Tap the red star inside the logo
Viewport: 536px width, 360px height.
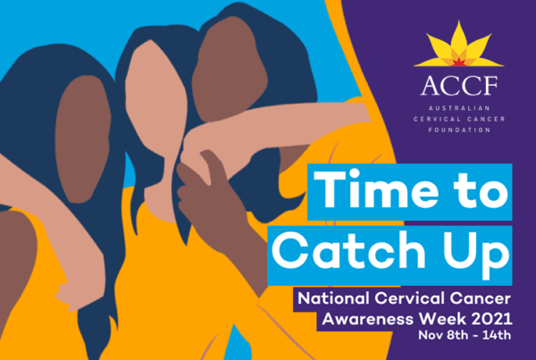[x=457, y=62]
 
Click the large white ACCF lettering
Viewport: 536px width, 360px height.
[x=459, y=86]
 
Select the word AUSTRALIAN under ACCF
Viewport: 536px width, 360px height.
[x=459, y=108]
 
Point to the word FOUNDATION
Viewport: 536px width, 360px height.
[x=459, y=130]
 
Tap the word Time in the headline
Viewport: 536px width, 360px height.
[x=375, y=190]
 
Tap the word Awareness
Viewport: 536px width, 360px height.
[x=368, y=319]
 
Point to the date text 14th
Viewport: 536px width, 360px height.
[x=497, y=335]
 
